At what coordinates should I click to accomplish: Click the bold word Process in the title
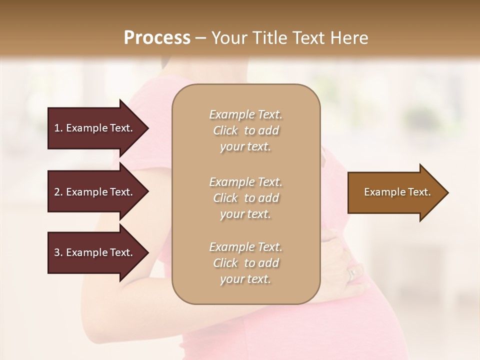click(157, 38)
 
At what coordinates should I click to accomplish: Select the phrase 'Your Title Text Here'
click(289, 38)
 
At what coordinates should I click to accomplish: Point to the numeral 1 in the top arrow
click(56, 128)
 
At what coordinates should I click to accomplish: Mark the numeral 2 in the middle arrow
click(57, 192)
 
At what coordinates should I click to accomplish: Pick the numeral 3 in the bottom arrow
click(57, 252)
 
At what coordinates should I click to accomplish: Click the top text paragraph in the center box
click(245, 130)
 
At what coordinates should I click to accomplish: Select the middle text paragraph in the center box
click(245, 198)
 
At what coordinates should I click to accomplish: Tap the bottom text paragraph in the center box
click(245, 263)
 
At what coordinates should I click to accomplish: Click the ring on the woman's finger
click(352, 273)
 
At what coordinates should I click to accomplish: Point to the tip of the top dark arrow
click(148, 128)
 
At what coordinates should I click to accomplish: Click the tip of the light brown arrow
click(448, 192)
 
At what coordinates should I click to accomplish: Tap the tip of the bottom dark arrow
click(148, 252)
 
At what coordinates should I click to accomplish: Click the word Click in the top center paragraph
click(225, 130)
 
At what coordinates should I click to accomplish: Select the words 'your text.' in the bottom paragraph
click(245, 279)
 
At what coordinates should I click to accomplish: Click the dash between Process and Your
click(201, 38)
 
